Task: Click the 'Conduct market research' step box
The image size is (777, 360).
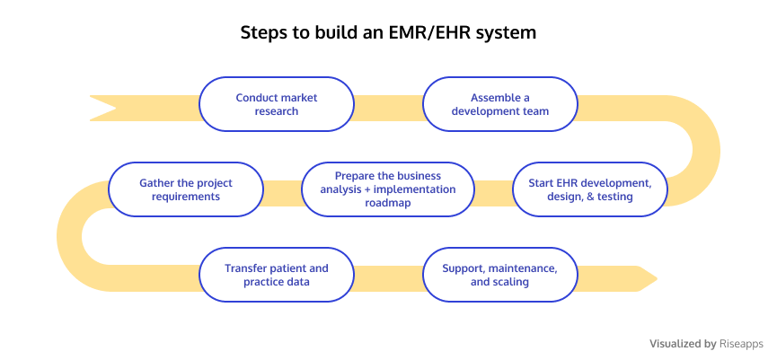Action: coord(277,104)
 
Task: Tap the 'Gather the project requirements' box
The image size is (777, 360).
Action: coord(186,189)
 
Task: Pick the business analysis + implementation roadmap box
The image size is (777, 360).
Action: coord(388,189)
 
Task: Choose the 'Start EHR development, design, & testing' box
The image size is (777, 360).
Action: coord(590,189)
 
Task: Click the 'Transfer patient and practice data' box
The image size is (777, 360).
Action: coord(277,275)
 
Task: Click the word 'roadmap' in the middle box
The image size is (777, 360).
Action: coord(388,203)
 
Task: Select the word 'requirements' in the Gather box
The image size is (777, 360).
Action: coord(186,197)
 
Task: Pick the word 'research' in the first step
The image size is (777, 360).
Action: coord(277,111)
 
